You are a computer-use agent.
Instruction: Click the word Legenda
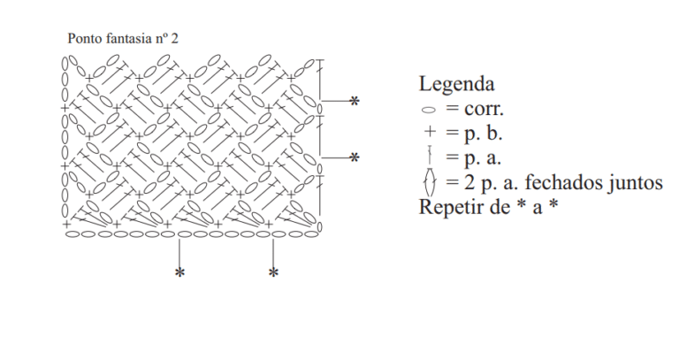[x=456, y=84]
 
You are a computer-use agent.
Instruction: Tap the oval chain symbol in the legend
[x=428, y=110]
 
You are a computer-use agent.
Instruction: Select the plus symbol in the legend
[x=429, y=131]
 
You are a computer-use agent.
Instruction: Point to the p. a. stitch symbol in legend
[x=430, y=156]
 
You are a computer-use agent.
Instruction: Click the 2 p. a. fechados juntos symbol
[x=430, y=181]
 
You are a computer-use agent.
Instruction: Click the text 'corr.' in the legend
[x=484, y=109]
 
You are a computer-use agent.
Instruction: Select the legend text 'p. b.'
[x=484, y=133]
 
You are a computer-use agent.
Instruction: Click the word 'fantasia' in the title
[x=128, y=39]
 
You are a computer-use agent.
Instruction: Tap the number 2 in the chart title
[x=174, y=39]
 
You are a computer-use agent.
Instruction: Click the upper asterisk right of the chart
[x=355, y=102]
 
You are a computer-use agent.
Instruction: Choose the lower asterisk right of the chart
[x=355, y=157]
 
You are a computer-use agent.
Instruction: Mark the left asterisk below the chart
[x=179, y=273]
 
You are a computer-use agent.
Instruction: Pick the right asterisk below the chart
[x=273, y=273]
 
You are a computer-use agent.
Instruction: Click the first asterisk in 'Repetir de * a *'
[x=522, y=204]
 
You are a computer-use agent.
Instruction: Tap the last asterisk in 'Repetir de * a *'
[x=553, y=204]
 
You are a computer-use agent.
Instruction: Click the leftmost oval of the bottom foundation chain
[x=72, y=234]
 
